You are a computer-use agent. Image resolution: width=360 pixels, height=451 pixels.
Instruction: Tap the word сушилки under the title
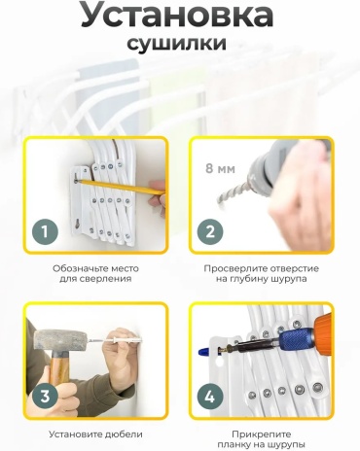177,43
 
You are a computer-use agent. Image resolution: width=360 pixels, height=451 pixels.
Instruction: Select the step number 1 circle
45,232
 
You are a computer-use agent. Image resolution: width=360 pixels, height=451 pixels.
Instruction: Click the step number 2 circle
210,232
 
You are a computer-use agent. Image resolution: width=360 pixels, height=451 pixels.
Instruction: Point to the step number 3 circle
45,397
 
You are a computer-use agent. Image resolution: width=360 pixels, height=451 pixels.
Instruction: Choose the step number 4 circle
210,397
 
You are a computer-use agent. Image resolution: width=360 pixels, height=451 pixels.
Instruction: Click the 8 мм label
220,168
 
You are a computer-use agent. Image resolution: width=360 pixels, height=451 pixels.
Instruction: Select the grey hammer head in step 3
59,339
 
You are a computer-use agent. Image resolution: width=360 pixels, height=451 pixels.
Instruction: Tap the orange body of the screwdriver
322,331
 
